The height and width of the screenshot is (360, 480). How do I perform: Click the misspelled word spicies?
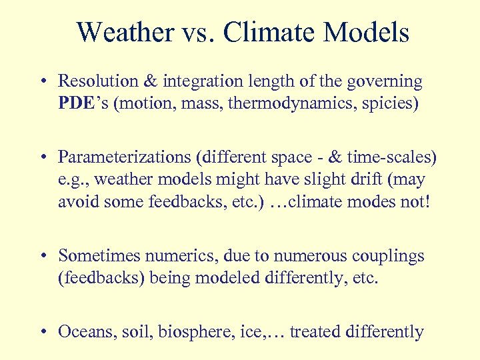coord(390,105)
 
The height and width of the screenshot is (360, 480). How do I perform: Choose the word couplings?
coord(393,255)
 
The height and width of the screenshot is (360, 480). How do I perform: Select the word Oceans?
coord(83,331)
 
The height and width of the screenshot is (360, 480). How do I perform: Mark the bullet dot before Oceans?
coord(43,332)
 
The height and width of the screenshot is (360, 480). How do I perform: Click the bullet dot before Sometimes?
coord(43,256)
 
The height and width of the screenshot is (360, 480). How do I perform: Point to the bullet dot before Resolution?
coord(43,83)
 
